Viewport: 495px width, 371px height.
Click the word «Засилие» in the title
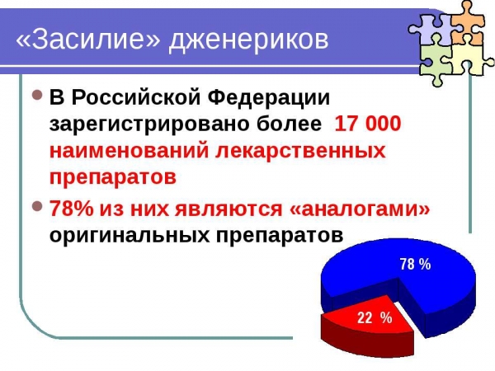click(88, 39)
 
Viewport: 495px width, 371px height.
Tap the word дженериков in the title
click(249, 40)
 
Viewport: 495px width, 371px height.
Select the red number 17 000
click(367, 123)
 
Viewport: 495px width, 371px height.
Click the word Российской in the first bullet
click(136, 97)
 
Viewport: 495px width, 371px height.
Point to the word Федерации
click(269, 98)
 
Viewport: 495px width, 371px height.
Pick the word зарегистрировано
click(149, 124)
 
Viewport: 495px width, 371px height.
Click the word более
click(289, 123)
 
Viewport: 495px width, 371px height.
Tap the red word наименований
click(130, 151)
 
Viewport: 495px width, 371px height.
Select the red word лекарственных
click(301, 151)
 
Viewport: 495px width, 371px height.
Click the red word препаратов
click(113, 178)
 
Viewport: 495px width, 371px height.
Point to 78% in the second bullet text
click(71, 209)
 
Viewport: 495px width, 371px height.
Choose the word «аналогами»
click(360, 209)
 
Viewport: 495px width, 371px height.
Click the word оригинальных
click(130, 235)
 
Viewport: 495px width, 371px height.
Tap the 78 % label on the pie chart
click(416, 264)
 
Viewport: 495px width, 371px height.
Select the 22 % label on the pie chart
click(375, 317)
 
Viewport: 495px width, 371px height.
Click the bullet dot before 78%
click(37, 206)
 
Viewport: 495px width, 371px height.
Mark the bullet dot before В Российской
click(37, 95)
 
